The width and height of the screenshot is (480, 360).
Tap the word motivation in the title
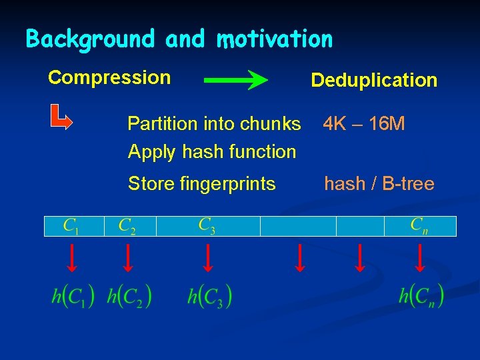tap(274, 39)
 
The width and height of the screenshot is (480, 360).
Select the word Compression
tap(109, 77)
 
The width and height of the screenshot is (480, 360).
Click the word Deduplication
tap(374, 81)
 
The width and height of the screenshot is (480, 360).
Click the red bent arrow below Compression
tap(62, 118)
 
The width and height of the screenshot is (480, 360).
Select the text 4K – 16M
tap(364, 124)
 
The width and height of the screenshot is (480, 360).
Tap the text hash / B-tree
tap(379, 183)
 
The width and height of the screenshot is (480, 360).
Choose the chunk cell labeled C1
tap(73, 227)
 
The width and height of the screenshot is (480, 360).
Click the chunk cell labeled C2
tap(129, 227)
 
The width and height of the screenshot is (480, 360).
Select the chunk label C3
tap(207, 225)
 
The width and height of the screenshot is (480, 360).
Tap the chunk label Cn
tap(419, 225)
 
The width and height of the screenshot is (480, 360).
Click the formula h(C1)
tap(73, 295)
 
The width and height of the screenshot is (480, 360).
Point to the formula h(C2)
tap(129, 295)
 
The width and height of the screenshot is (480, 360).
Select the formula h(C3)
tap(209, 295)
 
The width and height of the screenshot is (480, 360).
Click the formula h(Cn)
tap(421, 295)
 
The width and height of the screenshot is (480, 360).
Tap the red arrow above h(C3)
tap(207, 259)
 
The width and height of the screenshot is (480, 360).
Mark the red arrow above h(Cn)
tap(420, 259)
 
